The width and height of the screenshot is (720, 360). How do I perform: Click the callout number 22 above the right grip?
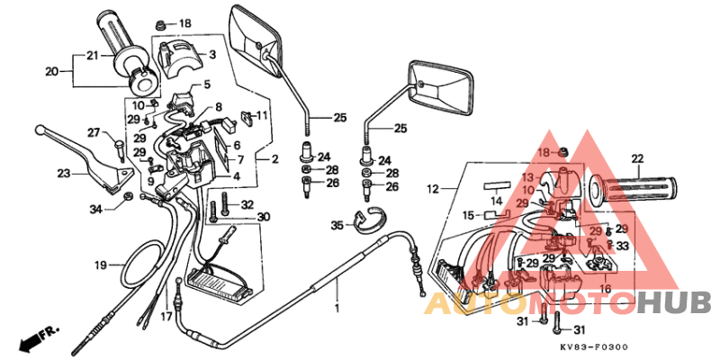coord(637,159)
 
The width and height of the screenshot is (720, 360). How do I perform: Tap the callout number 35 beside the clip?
coord(337,225)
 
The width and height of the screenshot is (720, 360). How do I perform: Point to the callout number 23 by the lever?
coord(63,174)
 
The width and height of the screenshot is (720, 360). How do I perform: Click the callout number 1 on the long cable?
coord(337,308)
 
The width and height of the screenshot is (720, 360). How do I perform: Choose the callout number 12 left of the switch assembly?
coord(431,189)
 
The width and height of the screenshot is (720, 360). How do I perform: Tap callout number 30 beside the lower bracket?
coord(263,217)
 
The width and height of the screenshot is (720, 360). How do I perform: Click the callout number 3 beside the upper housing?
coord(211,55)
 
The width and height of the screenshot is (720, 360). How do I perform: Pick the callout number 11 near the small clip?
coord(262,115)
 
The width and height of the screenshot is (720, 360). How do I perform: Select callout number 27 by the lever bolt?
coord(93,133)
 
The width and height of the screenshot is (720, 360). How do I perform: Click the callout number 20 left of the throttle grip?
coord(51,70)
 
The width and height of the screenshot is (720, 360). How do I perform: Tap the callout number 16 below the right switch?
coord(605,288)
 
